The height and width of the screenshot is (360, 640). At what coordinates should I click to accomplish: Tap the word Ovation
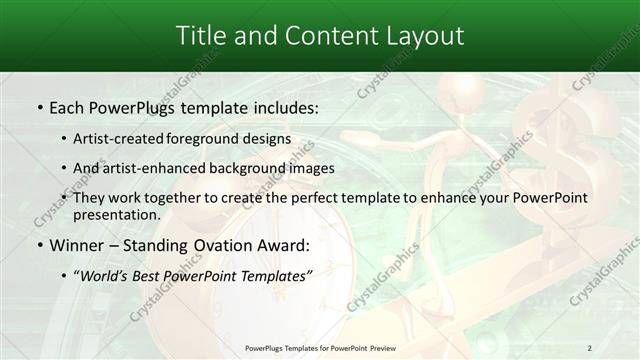pyautogui.click(x=224, y=244)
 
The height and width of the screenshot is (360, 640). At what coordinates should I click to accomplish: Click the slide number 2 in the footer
pyautogui.click(x=589, y=348)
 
